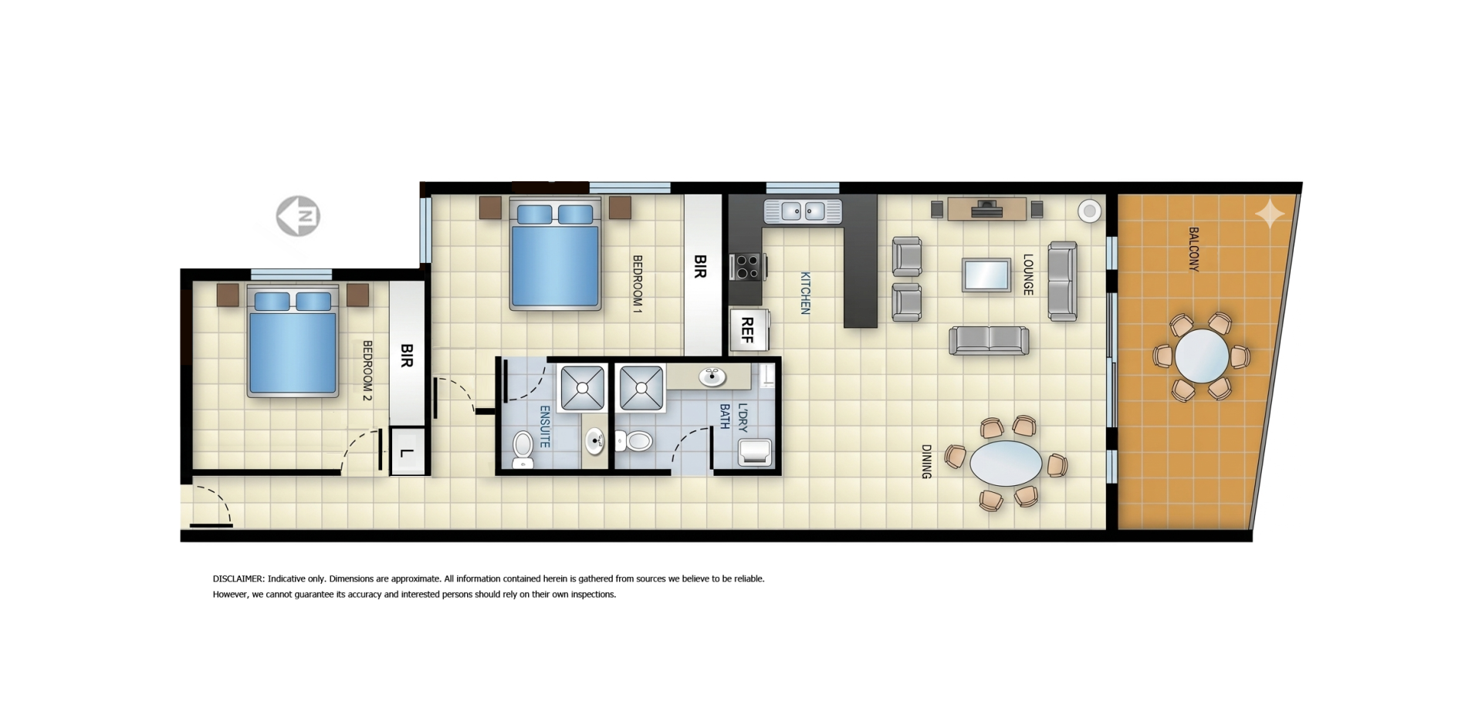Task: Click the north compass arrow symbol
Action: pos(298,216)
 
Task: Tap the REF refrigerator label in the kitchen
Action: pos(747,329)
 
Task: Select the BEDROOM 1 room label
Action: pos(638,284)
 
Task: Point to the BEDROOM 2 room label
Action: pos(367,370)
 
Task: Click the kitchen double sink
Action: pos(803,211)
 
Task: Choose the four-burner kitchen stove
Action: pos(747,267)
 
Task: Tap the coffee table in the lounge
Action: pos(986,275)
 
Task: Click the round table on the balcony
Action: pos(1202,356)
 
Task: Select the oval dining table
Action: pos(1006,464)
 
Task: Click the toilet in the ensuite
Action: pos(523,449)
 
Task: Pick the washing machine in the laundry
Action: pos(755,452)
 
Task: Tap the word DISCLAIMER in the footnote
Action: pos(239,579)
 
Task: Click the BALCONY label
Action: pos(1194,248)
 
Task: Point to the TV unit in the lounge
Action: pos(987,209)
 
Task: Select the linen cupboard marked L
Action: pos(408,452)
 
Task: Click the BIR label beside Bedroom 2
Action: pos(407,355)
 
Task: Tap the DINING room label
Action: pos(926,461)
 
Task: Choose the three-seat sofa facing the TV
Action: pos(989,340)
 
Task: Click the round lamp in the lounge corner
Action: pos(1089,211)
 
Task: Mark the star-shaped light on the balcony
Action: pos(1270,213)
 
